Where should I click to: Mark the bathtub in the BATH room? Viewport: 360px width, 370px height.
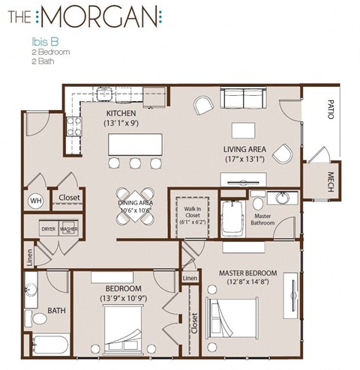click(x=48, y=345)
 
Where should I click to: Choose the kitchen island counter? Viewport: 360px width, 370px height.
click(x=134, y=143)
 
